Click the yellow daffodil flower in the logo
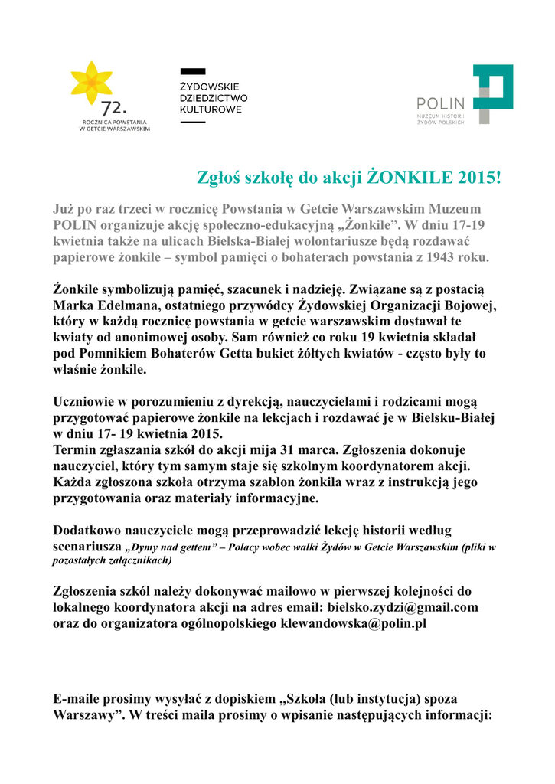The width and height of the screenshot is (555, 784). click(x=91, y=83)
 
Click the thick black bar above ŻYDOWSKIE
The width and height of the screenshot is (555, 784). click(x=192, y=71)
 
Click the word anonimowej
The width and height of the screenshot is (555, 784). click(x=132, y=338)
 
